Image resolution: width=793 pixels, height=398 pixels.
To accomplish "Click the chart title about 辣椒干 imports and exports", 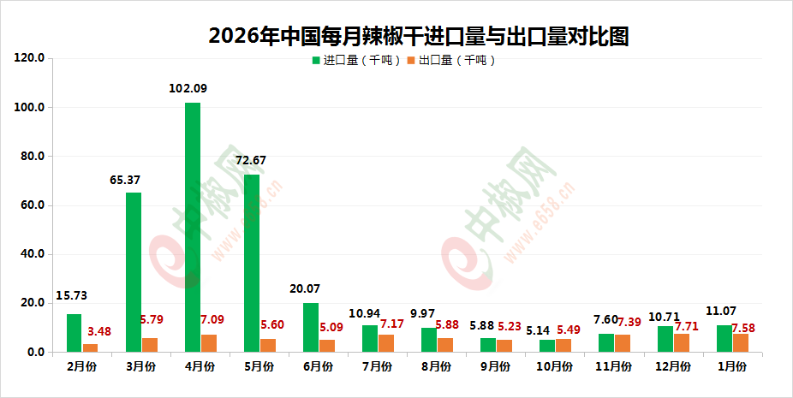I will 419,36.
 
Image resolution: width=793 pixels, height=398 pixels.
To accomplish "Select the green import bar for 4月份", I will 193,227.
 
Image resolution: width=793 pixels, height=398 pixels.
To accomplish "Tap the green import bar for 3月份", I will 134,272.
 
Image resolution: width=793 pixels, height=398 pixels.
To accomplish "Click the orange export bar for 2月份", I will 91,348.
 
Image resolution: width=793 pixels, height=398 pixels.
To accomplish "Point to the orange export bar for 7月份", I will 386,343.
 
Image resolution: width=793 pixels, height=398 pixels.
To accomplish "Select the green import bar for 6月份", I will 311,327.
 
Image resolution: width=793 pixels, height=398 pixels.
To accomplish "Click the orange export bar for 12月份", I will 682,342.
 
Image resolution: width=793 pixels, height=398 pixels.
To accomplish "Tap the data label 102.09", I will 188,88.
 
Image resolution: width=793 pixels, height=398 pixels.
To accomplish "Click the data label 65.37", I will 126,179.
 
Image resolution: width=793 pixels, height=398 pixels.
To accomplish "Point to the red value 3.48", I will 99,331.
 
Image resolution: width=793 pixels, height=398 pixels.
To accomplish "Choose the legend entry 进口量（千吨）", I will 356,61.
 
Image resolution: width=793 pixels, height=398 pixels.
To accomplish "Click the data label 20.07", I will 307,289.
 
